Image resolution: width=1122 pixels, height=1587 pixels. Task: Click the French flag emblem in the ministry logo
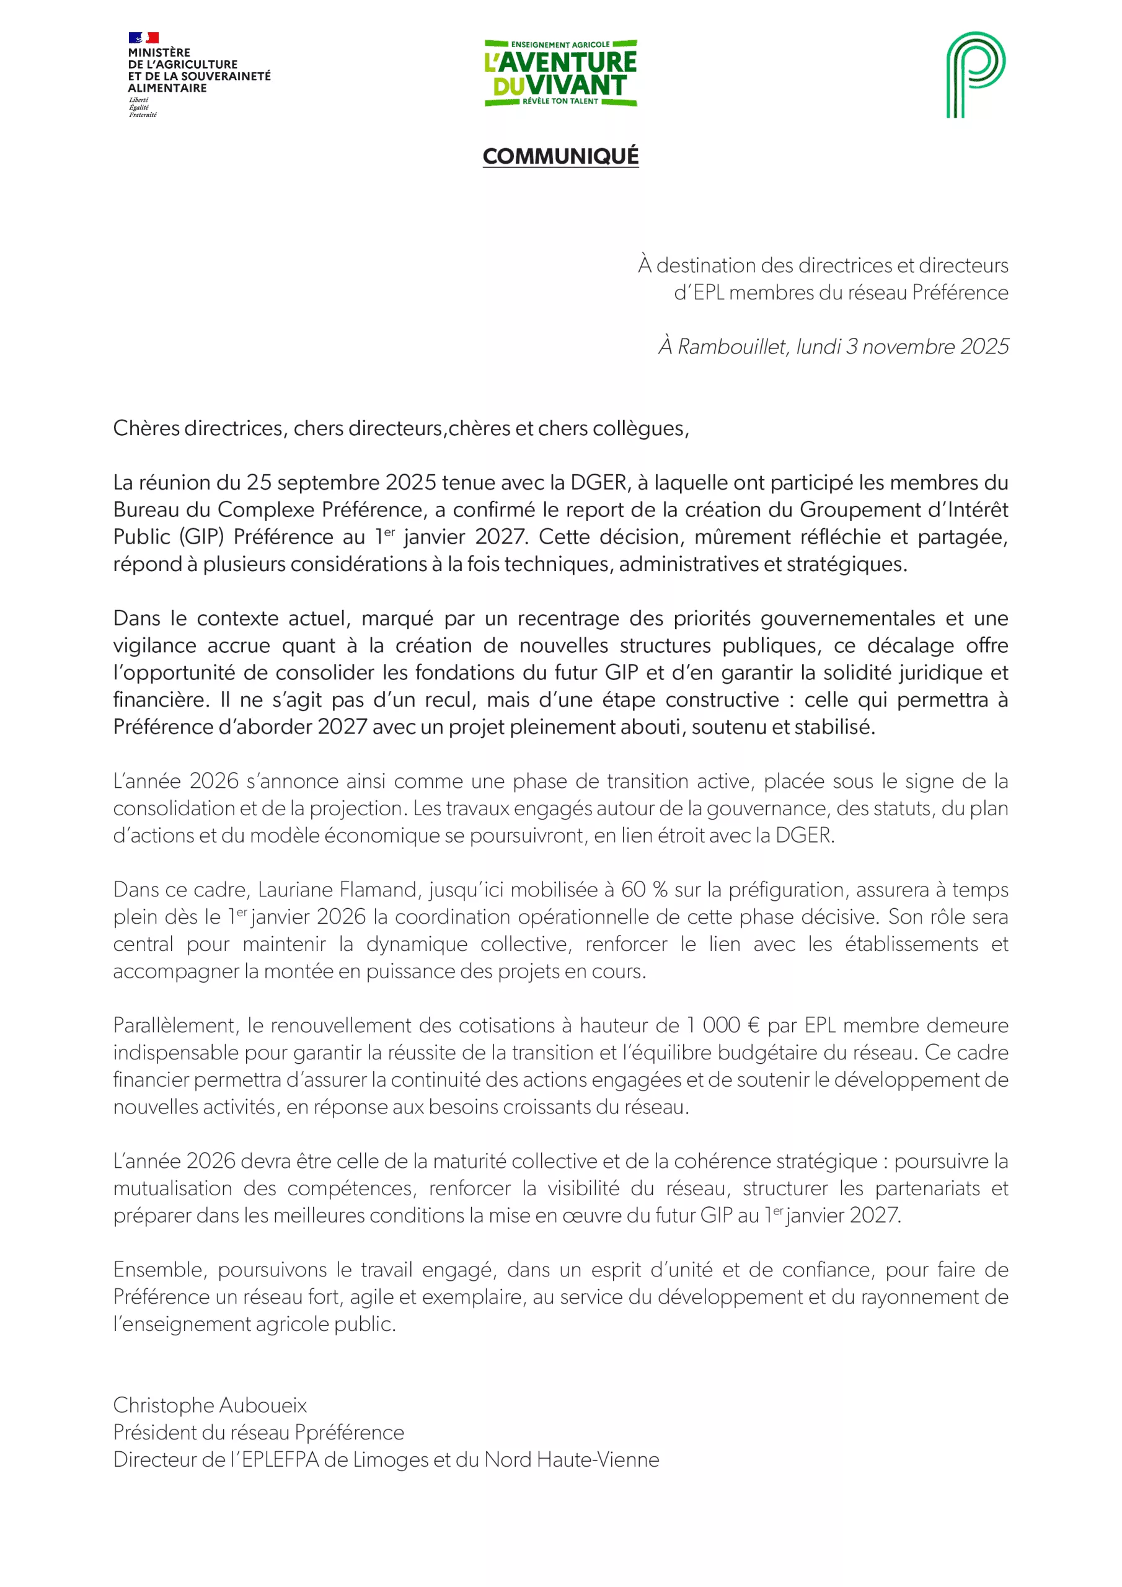click(x=144, y=38)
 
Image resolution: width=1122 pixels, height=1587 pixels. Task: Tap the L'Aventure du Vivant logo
click(x=560, y=73)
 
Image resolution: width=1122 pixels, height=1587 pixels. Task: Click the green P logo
click(x=976, y=74)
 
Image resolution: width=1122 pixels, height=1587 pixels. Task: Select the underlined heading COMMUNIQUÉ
click(x=560, y=156)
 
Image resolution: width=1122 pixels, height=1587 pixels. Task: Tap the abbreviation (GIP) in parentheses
click(x=202, y=537)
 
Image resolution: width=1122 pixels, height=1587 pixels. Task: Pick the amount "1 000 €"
click(x=723, y=1025)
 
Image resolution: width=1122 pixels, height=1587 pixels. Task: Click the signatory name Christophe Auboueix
click(x=210, y=1405)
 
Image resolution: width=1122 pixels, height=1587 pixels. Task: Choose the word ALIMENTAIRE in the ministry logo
click(x=167, y=88)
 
